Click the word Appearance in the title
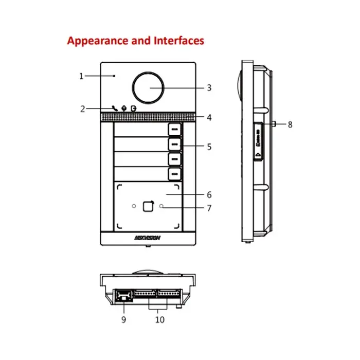click(x=96, y=41)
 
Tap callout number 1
click(x=81, y=76)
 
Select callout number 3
click(x=209, y=88)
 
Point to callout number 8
click(x=290, y=124)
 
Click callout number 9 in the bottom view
click(x=123, y=319)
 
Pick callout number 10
click(x=159, y=319)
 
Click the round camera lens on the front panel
click(x=149, y=87)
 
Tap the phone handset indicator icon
click(x=114, y=109)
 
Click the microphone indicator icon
click(x=123, y=109)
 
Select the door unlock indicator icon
click(x=134, y=109)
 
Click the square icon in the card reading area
click(x=148, y=206)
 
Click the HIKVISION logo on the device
click(x=148, y=238)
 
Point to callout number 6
click(x=209, y=195)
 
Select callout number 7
click(x=209, y=208)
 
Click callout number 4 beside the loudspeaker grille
click(x=209, y=117)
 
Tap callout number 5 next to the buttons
click(x=209, y=147)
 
